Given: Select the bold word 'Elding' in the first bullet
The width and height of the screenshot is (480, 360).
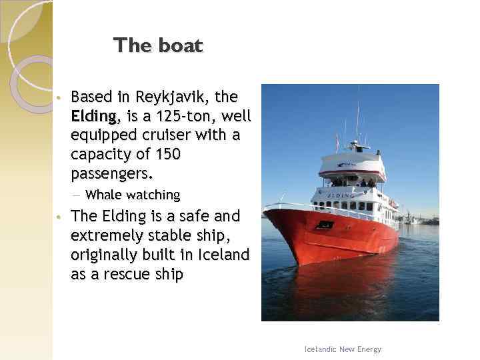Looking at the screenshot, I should [93, 117].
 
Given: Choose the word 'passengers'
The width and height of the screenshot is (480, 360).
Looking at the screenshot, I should [110, 174].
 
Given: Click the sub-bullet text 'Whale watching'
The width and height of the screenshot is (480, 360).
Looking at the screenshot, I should [133, 195].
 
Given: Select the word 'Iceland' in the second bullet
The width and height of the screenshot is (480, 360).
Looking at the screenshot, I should [225, 255].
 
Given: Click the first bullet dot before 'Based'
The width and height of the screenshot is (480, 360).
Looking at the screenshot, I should [59, 98].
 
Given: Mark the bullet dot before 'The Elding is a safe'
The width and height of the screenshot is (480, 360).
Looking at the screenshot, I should [59, 217].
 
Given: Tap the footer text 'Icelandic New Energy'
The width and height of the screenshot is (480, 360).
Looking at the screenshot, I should [342, 349].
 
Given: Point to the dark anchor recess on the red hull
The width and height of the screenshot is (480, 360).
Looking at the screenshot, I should [325, 225].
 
